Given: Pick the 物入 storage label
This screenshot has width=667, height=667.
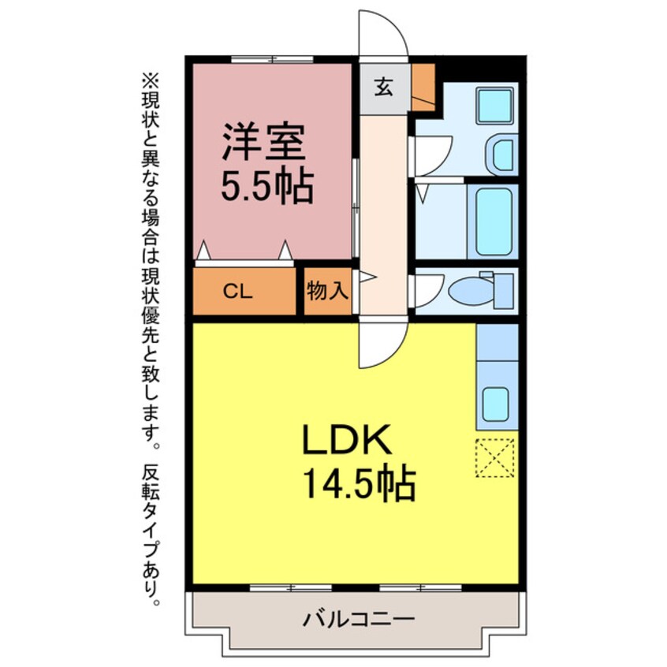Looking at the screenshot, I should (327, 291).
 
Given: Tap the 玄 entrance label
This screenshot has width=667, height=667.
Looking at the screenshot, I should (384, 88).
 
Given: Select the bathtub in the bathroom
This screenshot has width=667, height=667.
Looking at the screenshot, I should (492, 221).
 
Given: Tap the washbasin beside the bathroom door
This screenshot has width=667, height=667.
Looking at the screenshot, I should (503, 154).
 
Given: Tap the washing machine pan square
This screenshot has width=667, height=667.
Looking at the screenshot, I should (494, 106).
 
